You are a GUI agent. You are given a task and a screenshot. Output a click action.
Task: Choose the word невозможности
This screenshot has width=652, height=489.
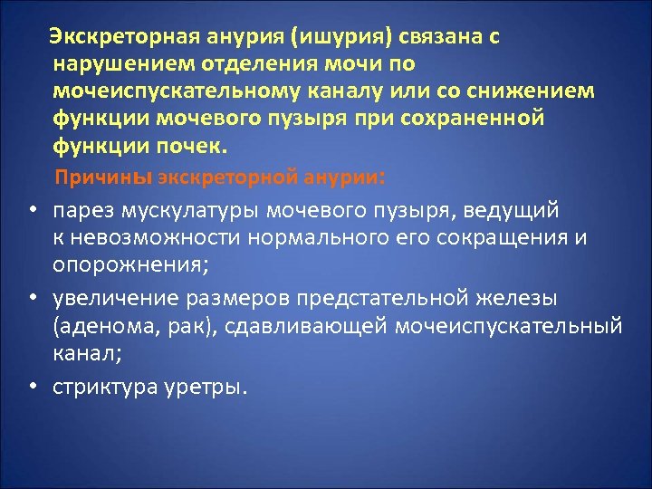pos(155,237)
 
